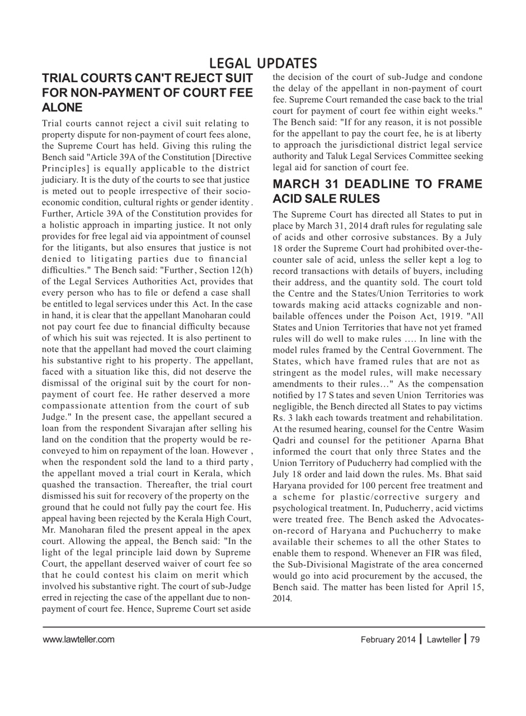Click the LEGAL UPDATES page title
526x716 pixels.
[x=262, y=64]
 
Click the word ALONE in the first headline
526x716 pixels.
[x=63, y=107]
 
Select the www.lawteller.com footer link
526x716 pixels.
[x=78, y=639]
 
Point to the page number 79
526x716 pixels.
[x=475, y=639]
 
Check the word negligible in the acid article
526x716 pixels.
[x=294, y=406]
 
